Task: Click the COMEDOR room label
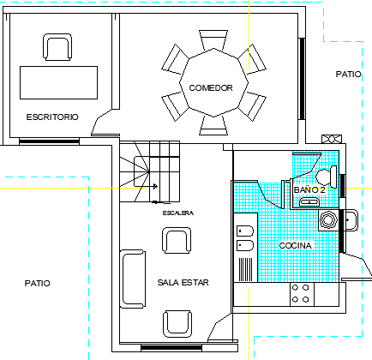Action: point(211,87)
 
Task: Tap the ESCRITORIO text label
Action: point(52,117)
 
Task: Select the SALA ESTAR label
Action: point(183,282)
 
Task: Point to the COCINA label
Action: point(295,245)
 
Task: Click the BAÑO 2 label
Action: point(309,189)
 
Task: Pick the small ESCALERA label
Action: point(178,213)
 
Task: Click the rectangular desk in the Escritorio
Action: point(58,82)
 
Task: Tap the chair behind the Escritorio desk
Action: point(57,47)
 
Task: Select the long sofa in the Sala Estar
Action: point(133,279)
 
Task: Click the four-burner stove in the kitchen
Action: point(302,294)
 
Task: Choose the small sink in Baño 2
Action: point(309,201)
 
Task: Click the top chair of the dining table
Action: point(213,40)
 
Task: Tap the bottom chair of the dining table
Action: point(213,125)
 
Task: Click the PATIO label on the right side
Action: point(348,75)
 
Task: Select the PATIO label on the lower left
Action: point(38,283)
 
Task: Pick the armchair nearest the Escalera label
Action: point(177,240)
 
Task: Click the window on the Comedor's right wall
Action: point(302,79)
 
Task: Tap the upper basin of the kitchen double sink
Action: point(245,231)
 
